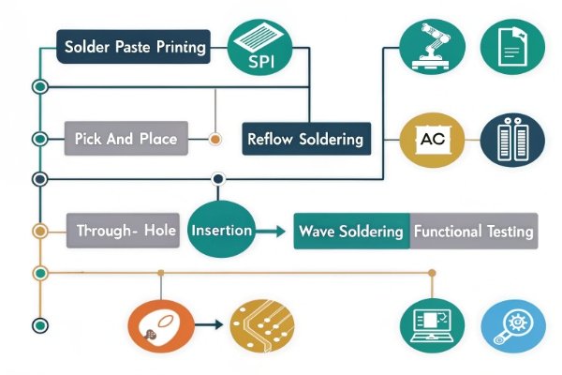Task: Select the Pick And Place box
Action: [126, 139]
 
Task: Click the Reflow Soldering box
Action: [305, 139]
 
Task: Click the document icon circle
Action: [506, 45]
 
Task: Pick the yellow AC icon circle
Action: [431, 139]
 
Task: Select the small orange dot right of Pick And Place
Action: [215, 139]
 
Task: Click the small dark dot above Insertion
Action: [218, 178]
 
